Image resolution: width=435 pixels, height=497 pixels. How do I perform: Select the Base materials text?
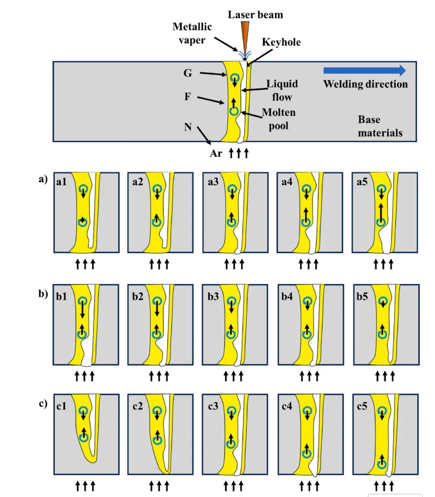(380, 126)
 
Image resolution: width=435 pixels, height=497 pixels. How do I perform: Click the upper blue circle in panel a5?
(381, 189)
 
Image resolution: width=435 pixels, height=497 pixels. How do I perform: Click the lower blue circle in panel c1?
(83, 437)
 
